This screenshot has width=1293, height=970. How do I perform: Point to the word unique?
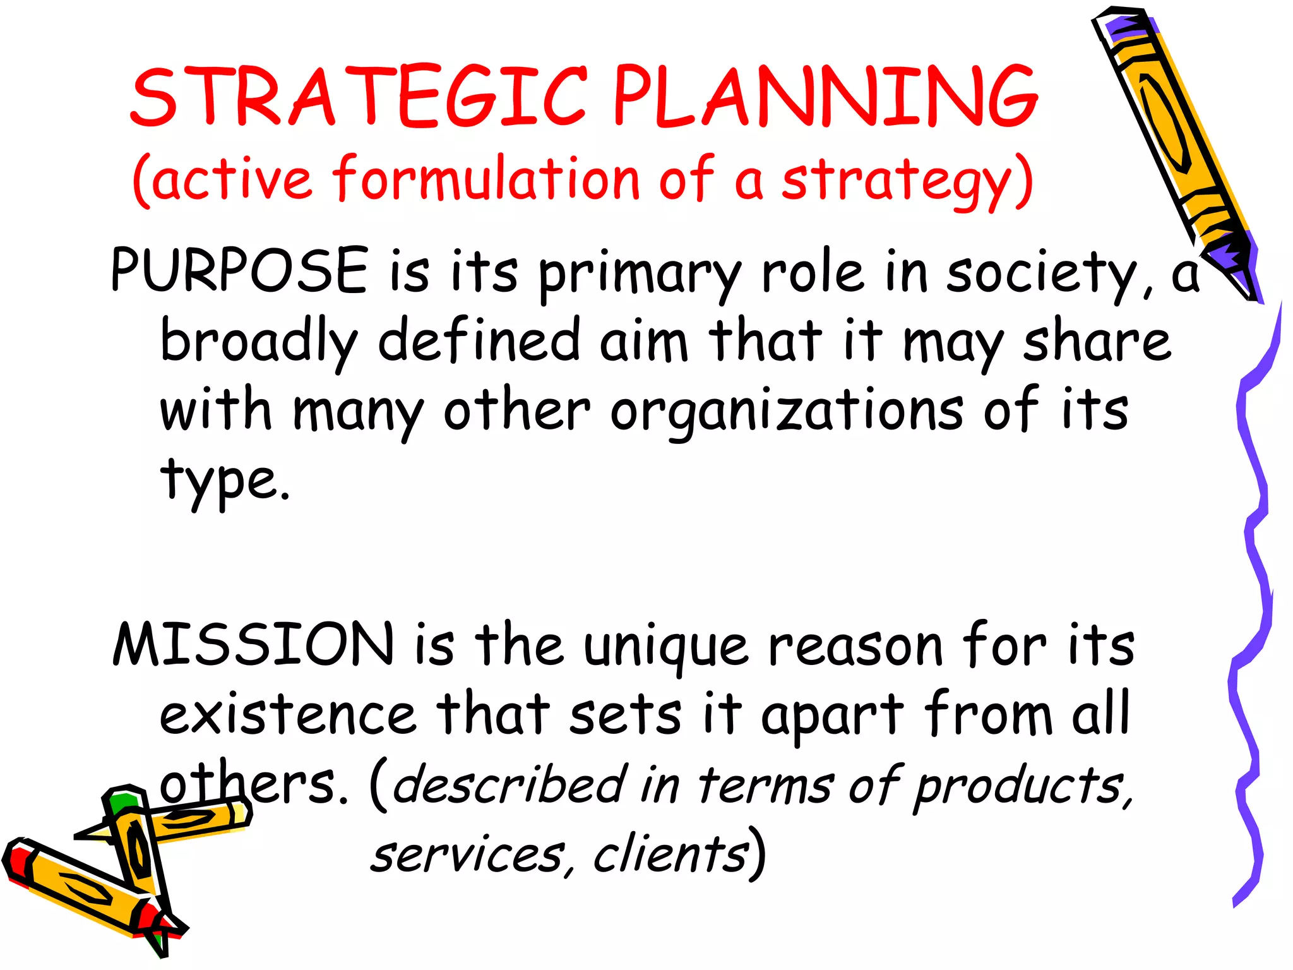pos(666,647)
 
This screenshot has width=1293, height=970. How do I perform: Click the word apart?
pos(832,717)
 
